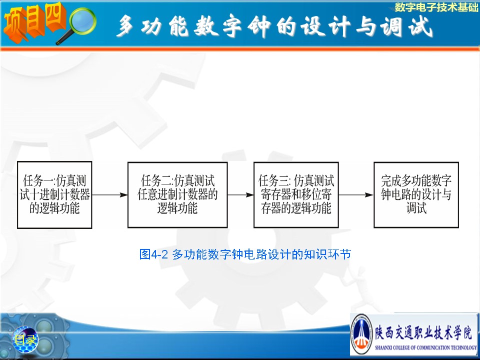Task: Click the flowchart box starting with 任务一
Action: pyautogui.click(x=54, y=195)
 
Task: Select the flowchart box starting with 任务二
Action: pyautogui.click(x=177, y=195)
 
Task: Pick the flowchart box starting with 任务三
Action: pyautogui.click(x=296, y=195)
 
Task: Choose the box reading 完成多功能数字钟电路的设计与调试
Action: pyautogui.click(x=416, y=195)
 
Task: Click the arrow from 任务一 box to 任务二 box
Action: pyautogui.click(x=110, y=195)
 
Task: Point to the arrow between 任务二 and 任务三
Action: pyautogui.click(x=240, y=195)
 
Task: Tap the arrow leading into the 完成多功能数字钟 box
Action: pyautogui.click(x=356, y=195)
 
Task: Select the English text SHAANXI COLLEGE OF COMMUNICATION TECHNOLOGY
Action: pyautogui.click(x=426, y=348)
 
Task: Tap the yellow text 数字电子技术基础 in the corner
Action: pyautogui.click(x=436, y=7)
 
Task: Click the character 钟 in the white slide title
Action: pyautogui.click(x=259, y=25)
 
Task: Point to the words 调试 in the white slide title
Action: pyautogui.click(x=406, y=25)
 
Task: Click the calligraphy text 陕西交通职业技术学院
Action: pyautogui.click(x=424, y=333)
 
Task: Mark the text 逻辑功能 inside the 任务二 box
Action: pyautogui.click(x=177, y=208)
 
